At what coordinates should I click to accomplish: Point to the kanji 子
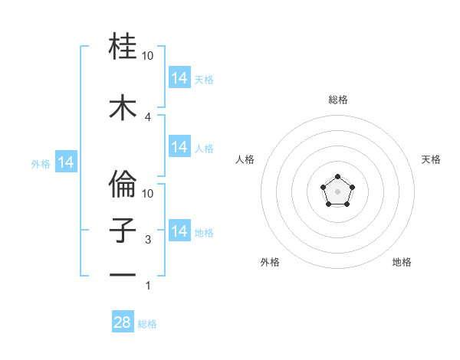pyautogui.click(x=123, y=231)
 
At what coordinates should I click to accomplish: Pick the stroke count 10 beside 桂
pyautogui.click(x=148, y=56)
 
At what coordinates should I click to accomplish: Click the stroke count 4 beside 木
pyautogui.click(x=148, y=116)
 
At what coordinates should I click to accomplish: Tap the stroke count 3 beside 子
pyautogui.click(x=148, y=240)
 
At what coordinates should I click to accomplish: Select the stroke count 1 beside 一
pyautogui.click(x=148, y=286)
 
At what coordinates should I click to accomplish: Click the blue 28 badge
pyautogui.click(x=123, y=322)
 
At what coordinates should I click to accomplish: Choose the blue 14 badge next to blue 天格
pyautogui.click(x=179, y=78)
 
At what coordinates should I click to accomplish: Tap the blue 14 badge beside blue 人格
pyautogui.click(x=179, y=147)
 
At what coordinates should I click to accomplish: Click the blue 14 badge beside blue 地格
pyautogui.click(x=179, y=231)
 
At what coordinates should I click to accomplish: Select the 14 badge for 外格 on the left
pyautogui.click(x=65, y=162)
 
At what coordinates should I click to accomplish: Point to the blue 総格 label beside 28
pyautogui.click(x=147, y=324)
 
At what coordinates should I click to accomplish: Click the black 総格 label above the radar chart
pyautogui.click(x=338, y=100)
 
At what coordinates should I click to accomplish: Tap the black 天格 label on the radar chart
pyautogui.click(x=431, y=159)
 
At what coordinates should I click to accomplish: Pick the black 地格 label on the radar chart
pyautogui.click(x=402, y=262)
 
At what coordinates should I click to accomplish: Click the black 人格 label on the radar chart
pyautogui.click(x=245, y=159)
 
